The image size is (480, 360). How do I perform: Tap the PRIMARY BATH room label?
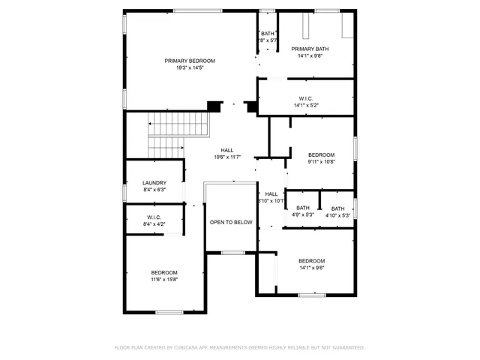point(310,48)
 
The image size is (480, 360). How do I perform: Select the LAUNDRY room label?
point(154,183)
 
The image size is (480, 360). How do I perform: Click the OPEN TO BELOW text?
point(231,222)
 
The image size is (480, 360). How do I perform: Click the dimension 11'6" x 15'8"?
point(164,279)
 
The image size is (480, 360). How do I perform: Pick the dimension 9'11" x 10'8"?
point(321,161)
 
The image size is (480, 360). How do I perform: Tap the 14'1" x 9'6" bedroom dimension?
point(311,268)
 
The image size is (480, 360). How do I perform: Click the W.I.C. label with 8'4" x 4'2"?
point(154,217)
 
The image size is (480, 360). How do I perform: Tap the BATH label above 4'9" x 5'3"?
point(302,208)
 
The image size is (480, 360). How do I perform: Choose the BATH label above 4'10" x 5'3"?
point(337,208)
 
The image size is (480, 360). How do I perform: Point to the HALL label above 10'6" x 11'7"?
point(227,150)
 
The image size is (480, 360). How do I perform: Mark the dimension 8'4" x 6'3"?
point(154,190)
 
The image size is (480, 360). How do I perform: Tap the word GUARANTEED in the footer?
point(348,347)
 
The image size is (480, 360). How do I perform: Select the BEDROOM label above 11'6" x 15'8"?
point(164,272)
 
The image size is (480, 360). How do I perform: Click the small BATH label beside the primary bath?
point(268,34)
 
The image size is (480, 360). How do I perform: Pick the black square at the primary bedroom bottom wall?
point(215,106)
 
